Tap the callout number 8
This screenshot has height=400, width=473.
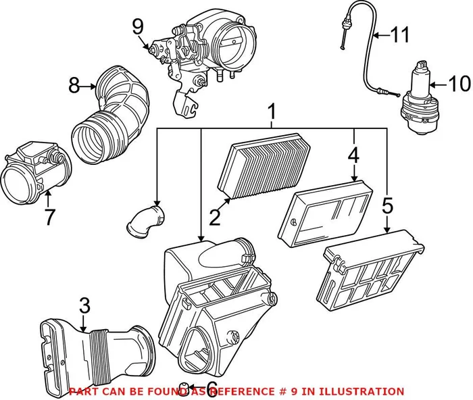[74, 85]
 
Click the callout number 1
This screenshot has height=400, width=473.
[272, 109]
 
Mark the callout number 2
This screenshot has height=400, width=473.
[216, 217]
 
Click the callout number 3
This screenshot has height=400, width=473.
[83, 306]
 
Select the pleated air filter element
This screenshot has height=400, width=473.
[264, 165]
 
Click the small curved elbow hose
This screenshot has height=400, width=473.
[145, 224]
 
